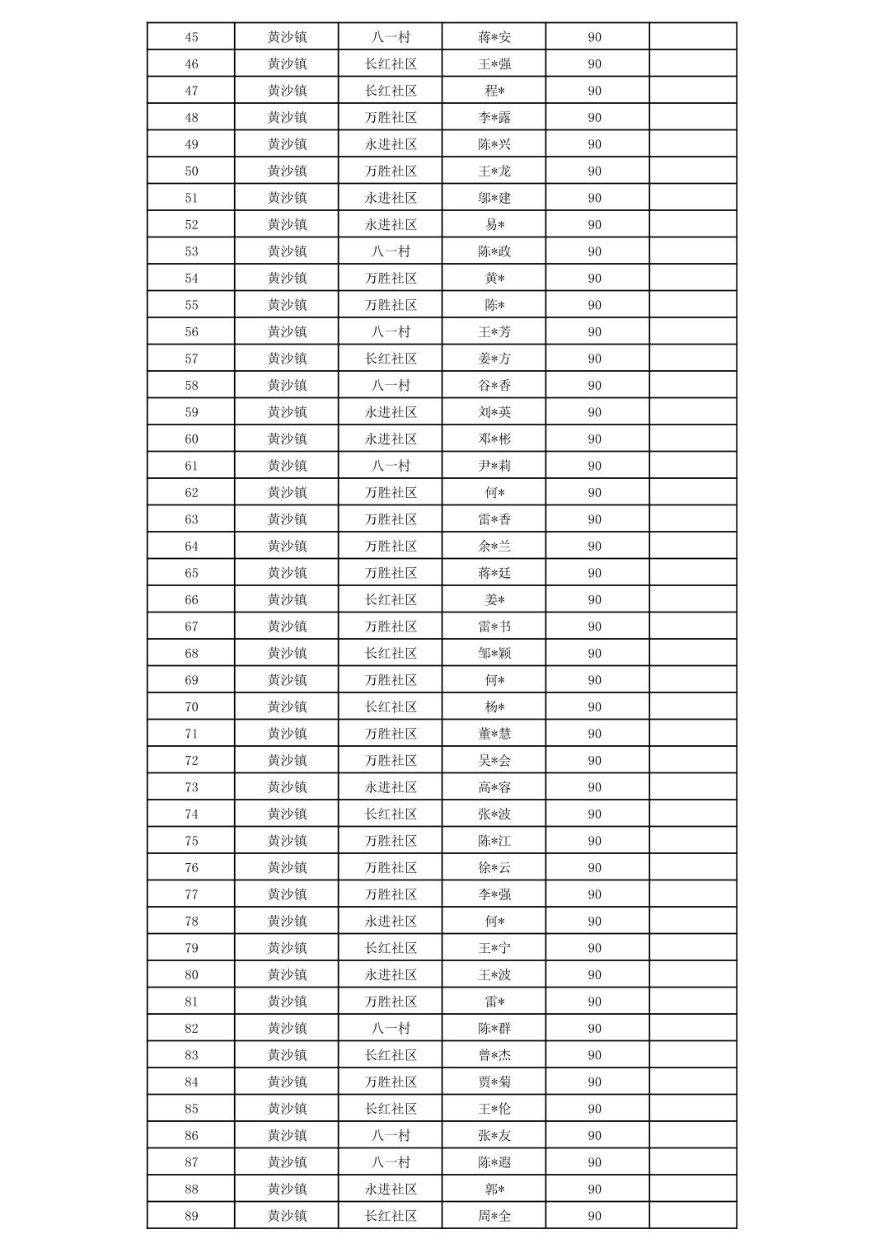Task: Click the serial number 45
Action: coord(191,37)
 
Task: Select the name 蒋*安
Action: coord(494,37)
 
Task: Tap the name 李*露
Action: coord(494,117)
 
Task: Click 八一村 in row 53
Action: coord(391,251)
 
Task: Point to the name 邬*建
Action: coord(494,198)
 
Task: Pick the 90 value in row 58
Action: coord(594,385)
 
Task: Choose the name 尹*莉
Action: coord(494,466)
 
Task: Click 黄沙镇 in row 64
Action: coord(287,546)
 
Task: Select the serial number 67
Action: coord(191,626)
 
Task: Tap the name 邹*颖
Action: coord(494,653)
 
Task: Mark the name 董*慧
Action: coord(494,734)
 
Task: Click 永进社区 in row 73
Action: coord(391,787)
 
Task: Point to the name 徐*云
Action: coord(494,867)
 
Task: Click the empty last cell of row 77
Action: coord(692,894)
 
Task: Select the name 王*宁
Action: coord(494,948)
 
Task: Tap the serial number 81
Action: coord(191,1002)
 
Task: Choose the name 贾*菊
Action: coord(494,1082)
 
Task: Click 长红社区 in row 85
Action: coord(391,1109)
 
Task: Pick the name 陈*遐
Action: coord(494,1162)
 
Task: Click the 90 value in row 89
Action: coord(594,1216)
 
